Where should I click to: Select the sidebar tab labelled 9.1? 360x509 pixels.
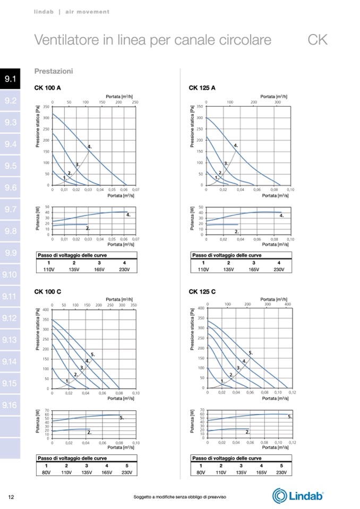coord(10,80)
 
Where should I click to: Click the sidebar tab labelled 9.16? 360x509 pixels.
coord(10,406)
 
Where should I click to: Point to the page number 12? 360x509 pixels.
coord(11,497)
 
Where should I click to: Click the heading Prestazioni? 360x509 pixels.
coord(53,71)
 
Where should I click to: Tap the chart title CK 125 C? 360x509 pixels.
coord(202,291)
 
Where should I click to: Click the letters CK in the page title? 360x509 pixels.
coord(318,40)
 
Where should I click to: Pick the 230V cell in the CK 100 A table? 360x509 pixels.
coord(124,270)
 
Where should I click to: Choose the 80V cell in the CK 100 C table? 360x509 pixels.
coord(46,472)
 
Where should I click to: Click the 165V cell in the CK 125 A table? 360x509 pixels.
coord(254,270)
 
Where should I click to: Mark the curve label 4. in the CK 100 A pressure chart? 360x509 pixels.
coord(89,146)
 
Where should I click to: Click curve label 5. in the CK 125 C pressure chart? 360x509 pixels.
coord(251,353)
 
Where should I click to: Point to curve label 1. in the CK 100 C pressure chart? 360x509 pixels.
coord(67,381)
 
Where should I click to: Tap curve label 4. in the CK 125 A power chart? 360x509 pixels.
coord(281,216)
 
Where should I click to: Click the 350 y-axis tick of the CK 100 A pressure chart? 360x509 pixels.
coord(47,107)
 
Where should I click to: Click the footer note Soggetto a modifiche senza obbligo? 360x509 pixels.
coord(180,497)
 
